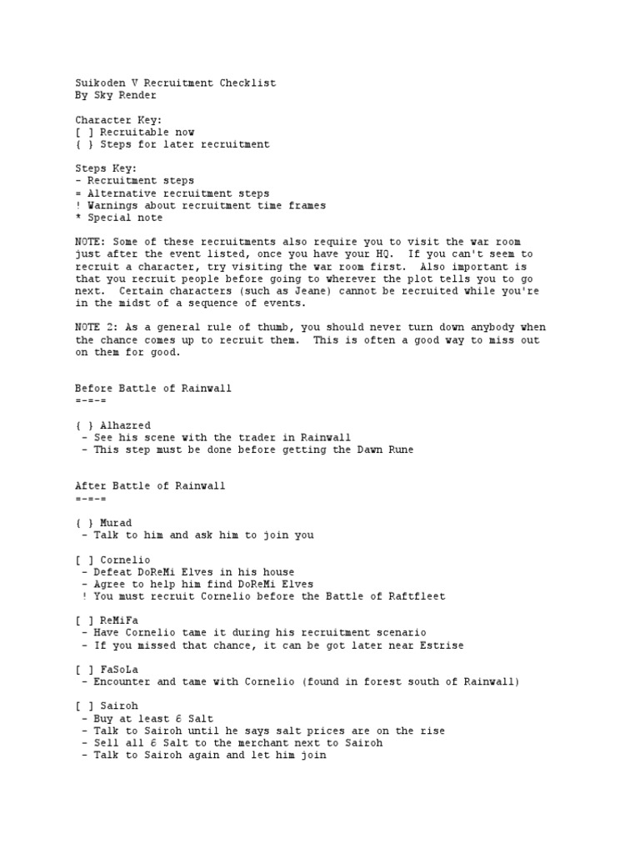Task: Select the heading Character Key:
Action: click(118, 120)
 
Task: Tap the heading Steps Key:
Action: click(106, 168)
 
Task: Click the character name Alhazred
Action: click(125, 425)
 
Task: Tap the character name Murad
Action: click(116, 522)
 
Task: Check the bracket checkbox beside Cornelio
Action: click(84, 560)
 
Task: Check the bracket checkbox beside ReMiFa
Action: click(84, 620)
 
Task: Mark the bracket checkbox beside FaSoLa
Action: click(84, 669)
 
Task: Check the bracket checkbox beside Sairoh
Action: click(84, 706)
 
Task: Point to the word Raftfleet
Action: click(418, 596)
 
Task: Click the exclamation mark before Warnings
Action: click(77, 205)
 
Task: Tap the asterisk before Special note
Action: click(77, 217)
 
